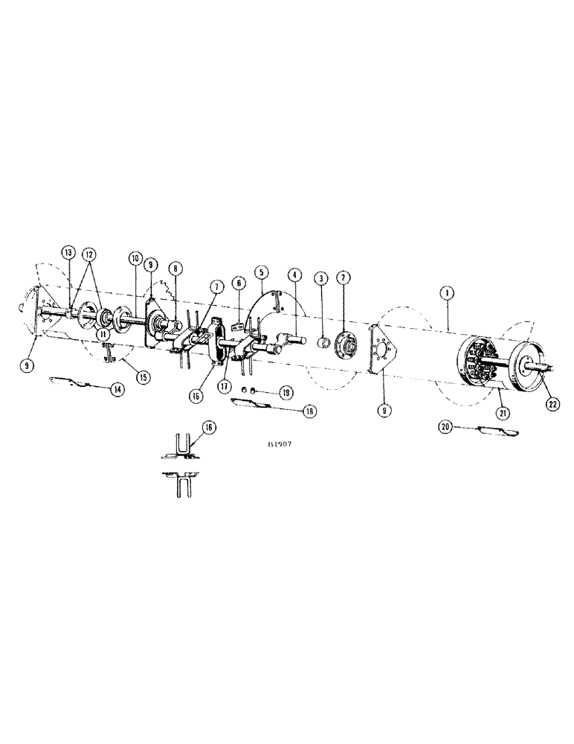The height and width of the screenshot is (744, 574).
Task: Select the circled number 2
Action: point(344,278)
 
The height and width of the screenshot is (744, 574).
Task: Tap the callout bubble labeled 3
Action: point(320,278)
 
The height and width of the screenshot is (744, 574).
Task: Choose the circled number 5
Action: point(261,272)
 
